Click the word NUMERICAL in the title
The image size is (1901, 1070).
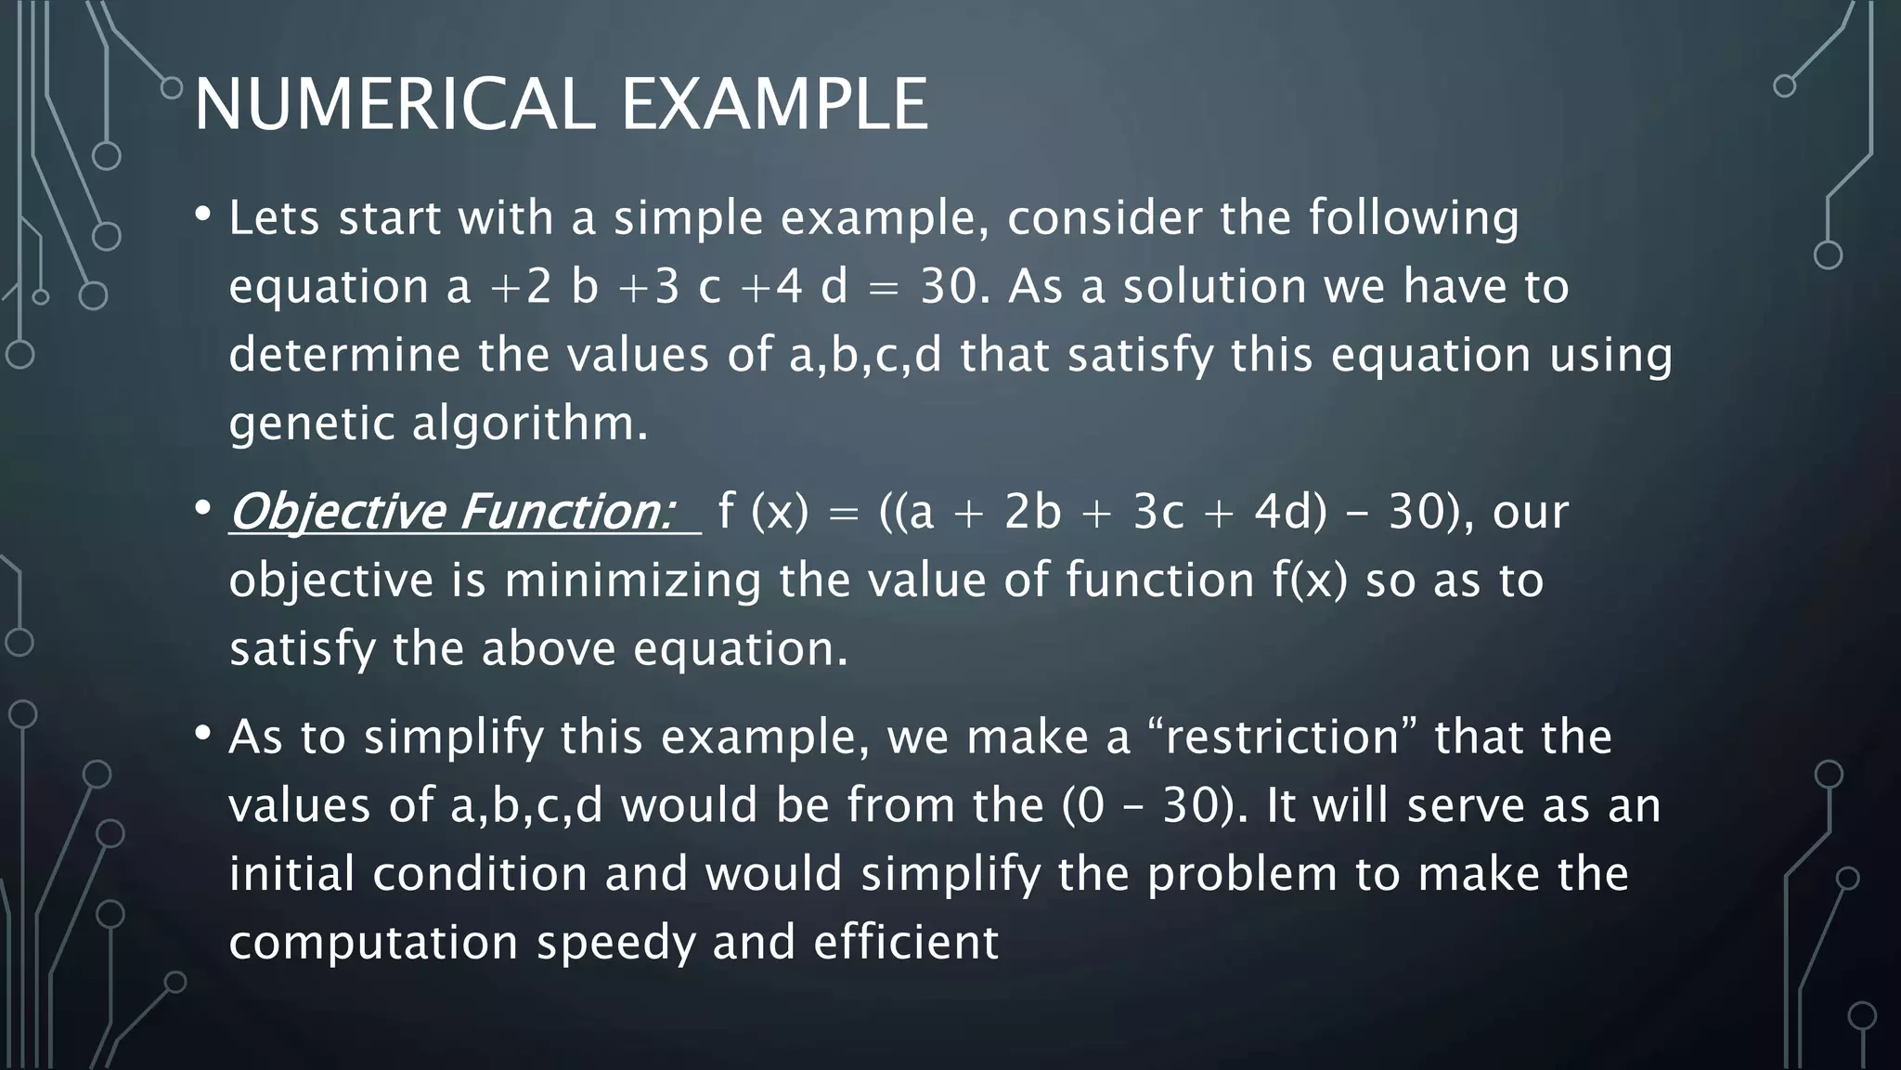click(x=394, y=104)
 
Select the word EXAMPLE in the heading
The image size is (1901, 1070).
click(x=774, y=104)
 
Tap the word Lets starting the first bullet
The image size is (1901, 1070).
click(x=275, y=218)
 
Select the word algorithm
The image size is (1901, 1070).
click(x=528, y=424)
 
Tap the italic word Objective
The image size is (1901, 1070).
click(x=336, y=512)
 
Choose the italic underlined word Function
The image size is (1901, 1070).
click(x=565, y=512)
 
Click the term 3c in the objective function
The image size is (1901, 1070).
click(x=1158, y=512)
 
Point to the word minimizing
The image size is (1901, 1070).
click(x=632, y=581)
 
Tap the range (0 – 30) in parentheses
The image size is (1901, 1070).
click(x=1155, y=805)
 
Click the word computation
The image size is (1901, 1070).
click(x=373, y=943)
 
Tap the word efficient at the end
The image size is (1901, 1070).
click(x=906, y=943)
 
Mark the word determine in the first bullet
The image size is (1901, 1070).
click(x=344, y=355)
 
